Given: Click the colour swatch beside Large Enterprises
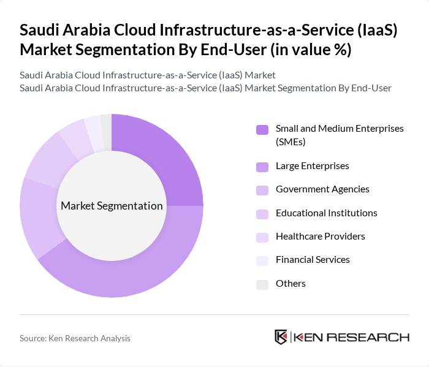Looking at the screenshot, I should [262, 167].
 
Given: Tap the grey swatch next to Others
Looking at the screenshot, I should [262, 284].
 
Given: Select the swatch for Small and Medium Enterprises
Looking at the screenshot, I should [262, 129].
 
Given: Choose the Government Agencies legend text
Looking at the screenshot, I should [322, 189].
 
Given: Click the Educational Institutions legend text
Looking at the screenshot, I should [326, 213].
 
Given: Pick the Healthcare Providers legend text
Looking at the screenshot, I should [320, 236].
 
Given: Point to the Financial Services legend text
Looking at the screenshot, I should [313, 260].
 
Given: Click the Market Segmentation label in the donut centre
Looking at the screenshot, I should [112, 206].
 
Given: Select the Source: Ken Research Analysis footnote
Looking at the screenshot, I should [75, 338].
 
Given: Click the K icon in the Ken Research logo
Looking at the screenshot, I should [281, 337].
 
